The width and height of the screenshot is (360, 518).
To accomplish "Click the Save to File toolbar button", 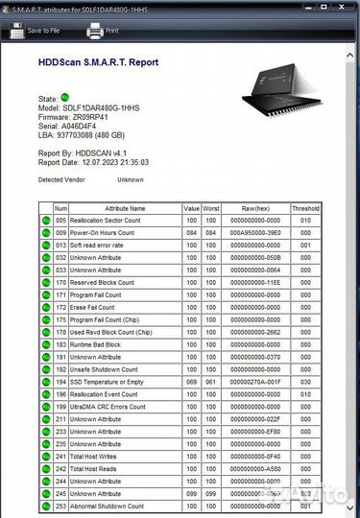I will [33, 30].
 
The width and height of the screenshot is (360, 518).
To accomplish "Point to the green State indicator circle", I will [64, 98].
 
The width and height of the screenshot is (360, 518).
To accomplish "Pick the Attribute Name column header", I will [124, 207].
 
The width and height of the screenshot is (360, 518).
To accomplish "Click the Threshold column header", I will [305, 207].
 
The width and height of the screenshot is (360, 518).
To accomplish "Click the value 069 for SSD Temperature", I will [191, 381].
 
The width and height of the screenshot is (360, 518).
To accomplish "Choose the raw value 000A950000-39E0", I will [254, 232].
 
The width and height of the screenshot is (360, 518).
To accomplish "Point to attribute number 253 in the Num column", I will [60, 506].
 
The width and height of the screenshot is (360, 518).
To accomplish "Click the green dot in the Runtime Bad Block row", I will [45, 343].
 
